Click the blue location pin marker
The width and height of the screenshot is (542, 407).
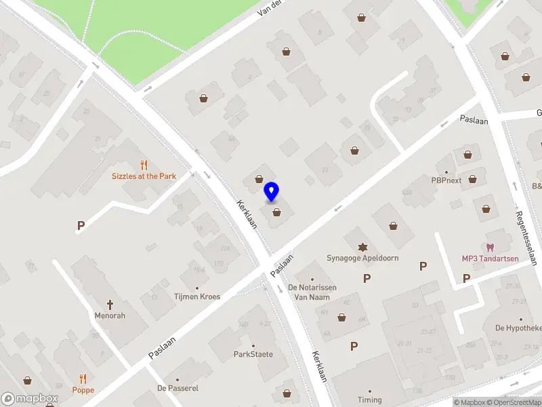(x=272, y=192)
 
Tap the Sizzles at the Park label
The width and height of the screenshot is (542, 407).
(x=144, y=176)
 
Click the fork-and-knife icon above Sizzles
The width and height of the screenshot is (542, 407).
(x=144, y=164)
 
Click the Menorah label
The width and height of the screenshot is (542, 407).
(x=110, y=315)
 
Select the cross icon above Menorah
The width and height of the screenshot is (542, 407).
(x=110, y=304)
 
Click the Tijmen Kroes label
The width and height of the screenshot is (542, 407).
(x=197, y=296)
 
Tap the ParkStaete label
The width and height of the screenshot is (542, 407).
(x=253, y=354)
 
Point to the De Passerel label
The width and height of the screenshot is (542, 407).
(x=178, y=388)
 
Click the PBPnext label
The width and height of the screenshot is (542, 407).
(x=446, y=180)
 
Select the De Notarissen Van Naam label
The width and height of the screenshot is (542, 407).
(x=312, y=292)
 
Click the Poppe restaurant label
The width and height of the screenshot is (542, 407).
(x=84, y=390)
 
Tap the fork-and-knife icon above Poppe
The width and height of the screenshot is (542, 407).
(x=84, y=379)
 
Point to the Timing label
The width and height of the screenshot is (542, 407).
(x=370, y=400)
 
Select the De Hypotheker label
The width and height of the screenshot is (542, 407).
(x=518, y=328)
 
